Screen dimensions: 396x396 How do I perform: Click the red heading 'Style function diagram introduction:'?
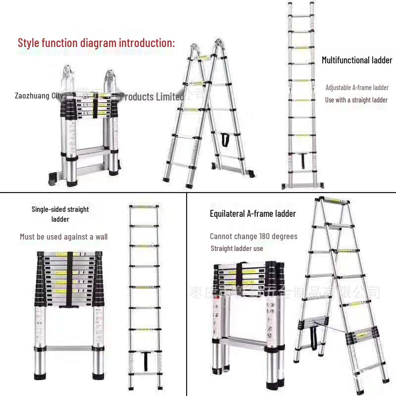[x=96, y=43]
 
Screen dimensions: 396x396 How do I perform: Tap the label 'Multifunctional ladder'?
[x=357, y=60]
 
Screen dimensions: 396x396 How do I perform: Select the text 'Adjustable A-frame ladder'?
[x=356, y=88]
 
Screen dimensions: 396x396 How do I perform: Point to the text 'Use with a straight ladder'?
[x=356, y=100]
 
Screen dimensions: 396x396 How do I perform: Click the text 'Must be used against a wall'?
[x=63, y=237]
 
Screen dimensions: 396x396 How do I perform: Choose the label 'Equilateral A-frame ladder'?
[x=252, y=214]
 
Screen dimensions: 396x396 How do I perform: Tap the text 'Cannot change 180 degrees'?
[x=253, y=237]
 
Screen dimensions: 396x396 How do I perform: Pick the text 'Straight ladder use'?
[x=237, y=248]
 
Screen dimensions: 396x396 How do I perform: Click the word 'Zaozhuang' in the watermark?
[x=33, y=96]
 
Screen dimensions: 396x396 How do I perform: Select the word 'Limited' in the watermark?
[x=170, y=97]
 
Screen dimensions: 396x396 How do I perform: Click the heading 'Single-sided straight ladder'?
[x=60, y=214]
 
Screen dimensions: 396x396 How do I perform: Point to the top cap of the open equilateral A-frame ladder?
[x=334, y=200]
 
